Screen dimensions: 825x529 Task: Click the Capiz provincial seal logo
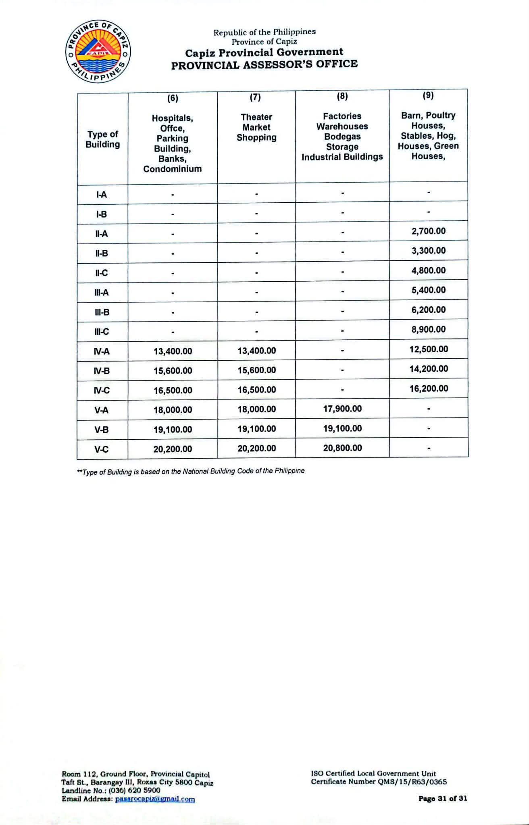click(x=98, y=51)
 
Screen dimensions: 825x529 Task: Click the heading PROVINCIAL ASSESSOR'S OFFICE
click(x=264, y=64)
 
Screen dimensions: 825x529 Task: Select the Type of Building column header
click(x=103, y=139)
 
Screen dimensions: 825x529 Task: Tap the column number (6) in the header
click(x=173, y=98)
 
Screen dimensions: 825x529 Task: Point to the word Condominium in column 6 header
click(x=173, y=169)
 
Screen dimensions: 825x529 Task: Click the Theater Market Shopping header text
click(x=256, y=127)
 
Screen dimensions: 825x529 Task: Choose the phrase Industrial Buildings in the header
click(x=342, y=157)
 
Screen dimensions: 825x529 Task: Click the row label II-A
click(x=102, y=234)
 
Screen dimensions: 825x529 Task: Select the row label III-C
click(x=102, y=332)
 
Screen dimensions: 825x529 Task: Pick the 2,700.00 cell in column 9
click(x=429, y=231)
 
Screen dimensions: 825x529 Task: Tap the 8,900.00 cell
click(x=429, y=329)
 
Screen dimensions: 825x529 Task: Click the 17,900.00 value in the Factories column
click(x=342, y=409)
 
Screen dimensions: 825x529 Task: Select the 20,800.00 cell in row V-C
click(x=342, y=448)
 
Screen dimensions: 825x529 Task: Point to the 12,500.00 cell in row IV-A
click(x=429, y=349)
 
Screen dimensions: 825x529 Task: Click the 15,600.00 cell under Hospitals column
click(x=173, y=371)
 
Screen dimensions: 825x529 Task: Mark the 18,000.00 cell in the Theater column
click(x=256, y=409)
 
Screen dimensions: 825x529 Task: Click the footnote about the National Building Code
click(x=191, y=471)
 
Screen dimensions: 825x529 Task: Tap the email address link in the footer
click(x=155, y=799)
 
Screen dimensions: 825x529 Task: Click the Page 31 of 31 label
click(x=442, y=798)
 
